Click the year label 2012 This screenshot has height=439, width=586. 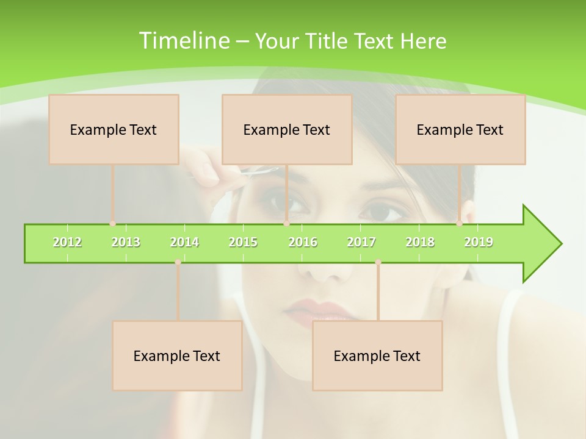pos(67,242)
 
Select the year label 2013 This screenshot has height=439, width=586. pos(126,242)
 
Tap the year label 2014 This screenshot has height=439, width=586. pos(184,242)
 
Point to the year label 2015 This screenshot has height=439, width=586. pos(243,242)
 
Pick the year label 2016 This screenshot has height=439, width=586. pos(303,242)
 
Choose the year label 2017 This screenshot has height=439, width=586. pos(361,242)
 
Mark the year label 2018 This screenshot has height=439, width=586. pos(420,242)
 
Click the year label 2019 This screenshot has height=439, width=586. pos(479,242)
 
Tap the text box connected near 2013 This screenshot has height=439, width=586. pos(114,129)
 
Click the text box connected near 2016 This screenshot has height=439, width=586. pos(287,129)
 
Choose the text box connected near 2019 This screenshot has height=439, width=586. pos(460,129)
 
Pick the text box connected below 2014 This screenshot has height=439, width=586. pos(177,355)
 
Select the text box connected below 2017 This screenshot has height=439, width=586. pos(377,355)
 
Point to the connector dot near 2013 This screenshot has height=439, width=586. pos(113,224)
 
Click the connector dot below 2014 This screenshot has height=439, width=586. pos(178,262)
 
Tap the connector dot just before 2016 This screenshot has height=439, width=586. pos(286,224)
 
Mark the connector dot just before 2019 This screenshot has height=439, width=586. pos(460,224)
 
